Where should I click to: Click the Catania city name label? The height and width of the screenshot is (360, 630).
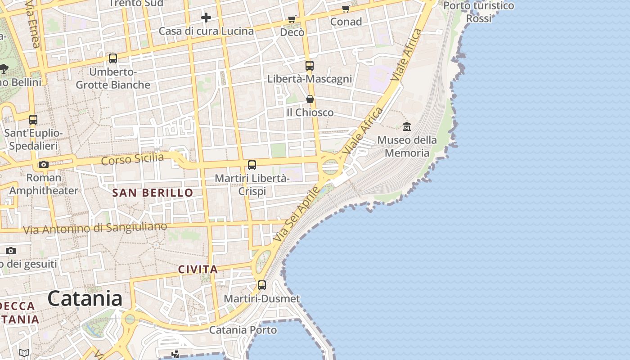(85, 298)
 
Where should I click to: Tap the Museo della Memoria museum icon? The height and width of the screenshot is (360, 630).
(407, 127)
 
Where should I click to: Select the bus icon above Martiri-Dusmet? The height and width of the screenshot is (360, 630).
(261, 285)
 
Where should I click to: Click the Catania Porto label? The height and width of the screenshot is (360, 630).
(243, 330)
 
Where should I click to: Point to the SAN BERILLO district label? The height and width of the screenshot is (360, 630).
(153, 193)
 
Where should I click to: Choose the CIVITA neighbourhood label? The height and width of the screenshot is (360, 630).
(198, 270)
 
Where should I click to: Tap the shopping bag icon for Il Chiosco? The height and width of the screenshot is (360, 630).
(310, 99)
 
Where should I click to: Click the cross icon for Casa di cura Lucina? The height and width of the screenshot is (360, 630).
(206, 18)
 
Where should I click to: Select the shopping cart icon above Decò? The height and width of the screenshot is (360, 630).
(292, 19)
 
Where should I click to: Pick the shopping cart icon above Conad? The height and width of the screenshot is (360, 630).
(346, 9)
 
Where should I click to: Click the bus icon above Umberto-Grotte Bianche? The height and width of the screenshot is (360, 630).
(113, 58)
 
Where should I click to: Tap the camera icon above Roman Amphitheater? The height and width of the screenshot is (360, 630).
(44, 164)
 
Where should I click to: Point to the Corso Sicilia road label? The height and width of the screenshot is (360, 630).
(132, 159)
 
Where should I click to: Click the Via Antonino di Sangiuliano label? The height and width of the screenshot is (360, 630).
(95, 228)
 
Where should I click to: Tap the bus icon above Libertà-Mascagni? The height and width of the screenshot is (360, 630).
(310, 66)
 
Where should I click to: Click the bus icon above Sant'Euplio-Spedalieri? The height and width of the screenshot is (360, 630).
(33, 120)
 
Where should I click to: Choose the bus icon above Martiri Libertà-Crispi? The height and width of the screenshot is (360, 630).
(252, 165)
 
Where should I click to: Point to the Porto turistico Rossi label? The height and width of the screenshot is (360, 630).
(478, 12)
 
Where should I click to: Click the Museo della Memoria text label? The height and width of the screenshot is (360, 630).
(407, 146)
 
